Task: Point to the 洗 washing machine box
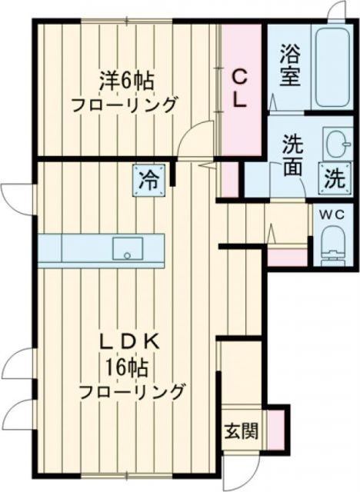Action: tap(334, 179)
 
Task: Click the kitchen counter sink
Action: tap(127, 248)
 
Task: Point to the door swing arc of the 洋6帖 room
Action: tap(196, 138)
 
